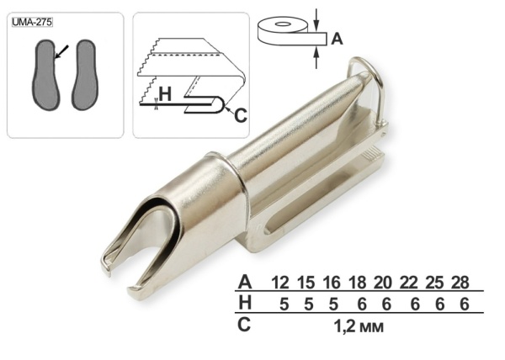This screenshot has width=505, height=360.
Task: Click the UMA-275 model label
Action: pos(32,22)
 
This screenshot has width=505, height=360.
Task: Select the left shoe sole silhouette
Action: pos(46,75)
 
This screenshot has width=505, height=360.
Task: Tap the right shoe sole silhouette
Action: pos(84,75)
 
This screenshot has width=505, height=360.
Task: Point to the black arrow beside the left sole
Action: pos(61,52)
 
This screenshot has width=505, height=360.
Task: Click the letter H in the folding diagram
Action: pos(165,94)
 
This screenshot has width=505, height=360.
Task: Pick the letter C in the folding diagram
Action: pos(241,115)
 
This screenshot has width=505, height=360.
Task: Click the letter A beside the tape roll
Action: pos(337,40)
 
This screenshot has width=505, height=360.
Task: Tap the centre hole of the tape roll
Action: pos(283,24)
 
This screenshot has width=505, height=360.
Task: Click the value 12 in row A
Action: pos(280,283)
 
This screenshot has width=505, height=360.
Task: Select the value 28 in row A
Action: pos(460,283)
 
